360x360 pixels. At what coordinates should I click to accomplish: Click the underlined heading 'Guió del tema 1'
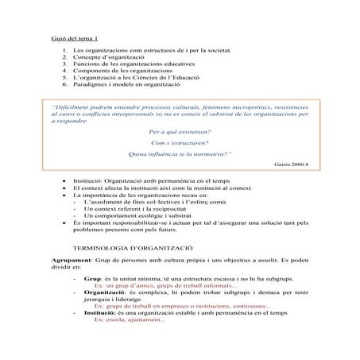(74, 37)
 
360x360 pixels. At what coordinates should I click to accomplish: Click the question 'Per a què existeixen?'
(179, 131)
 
